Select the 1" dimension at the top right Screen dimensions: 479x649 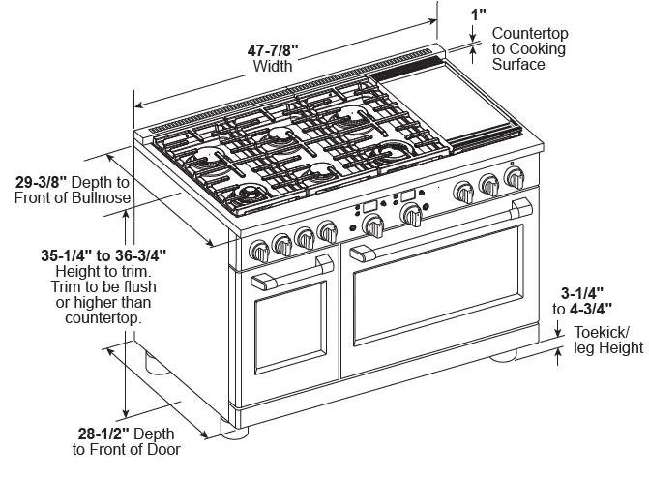(x=478, y=14)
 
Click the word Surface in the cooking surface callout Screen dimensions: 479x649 (x=518, y=64)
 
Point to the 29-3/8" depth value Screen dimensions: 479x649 (x=47, y=181)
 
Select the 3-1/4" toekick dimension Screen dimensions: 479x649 (x=583, y=291)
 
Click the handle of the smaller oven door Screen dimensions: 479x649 (x=280, y=282)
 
